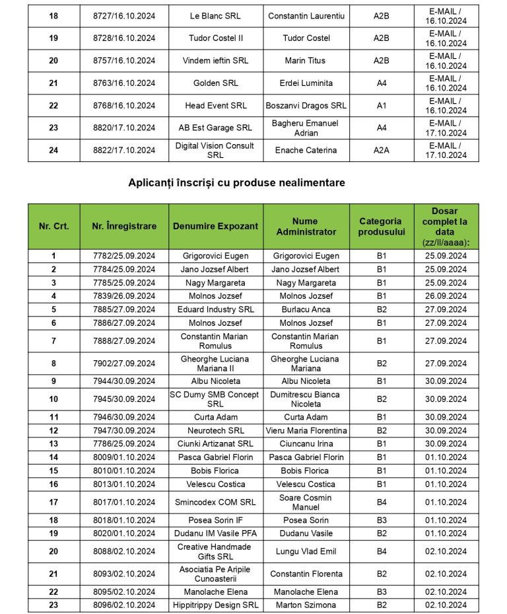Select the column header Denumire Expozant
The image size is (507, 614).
click(x=215, y=226)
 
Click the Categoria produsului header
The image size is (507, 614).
click(x=380, y=226)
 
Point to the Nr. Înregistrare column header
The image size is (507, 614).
click(x=124, y=226)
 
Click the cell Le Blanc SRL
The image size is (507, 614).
click(x=215, y=16)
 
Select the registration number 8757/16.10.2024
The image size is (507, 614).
click(x=124, y=61)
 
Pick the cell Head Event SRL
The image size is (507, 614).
click(x=215, y=106)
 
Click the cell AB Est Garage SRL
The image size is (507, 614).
click(x=215, y=128)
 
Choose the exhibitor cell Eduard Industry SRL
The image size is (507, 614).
click(x=215, y=309)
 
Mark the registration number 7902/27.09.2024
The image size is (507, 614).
click(x=124, y=364)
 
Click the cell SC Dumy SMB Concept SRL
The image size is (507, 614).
click(x=215, y=399)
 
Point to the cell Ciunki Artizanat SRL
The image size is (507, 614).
click(x=215, y=443)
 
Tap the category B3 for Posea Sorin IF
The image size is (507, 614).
click(x=381, y=520)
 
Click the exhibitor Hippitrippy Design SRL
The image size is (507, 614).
click(x=215, y=605)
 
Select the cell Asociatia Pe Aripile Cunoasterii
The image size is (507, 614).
click(x=215, y=574)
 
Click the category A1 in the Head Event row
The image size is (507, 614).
click(x=381, y=106)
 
